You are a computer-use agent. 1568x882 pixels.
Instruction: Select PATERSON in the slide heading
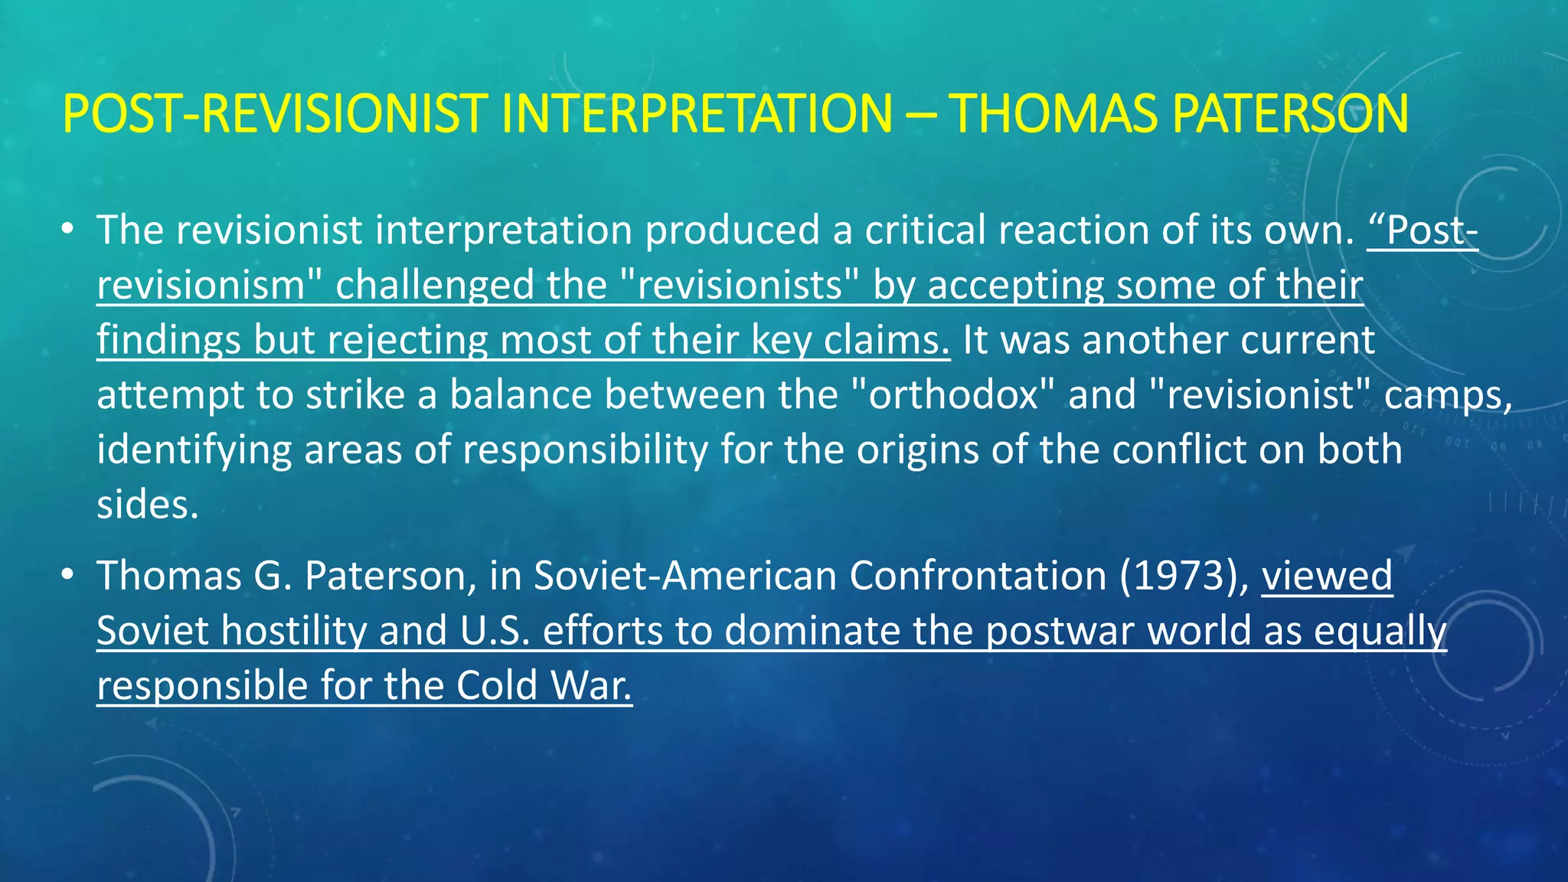pos(1290,114)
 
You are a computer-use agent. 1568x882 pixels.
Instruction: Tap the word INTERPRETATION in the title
pos(696,114)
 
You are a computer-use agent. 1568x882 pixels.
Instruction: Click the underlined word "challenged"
pos(471,285)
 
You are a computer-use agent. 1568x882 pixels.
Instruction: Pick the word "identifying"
pos(194,450)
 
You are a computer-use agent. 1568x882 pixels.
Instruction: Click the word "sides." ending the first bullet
pos(148,505)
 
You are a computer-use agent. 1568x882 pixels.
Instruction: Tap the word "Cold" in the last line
pos(497,686)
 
